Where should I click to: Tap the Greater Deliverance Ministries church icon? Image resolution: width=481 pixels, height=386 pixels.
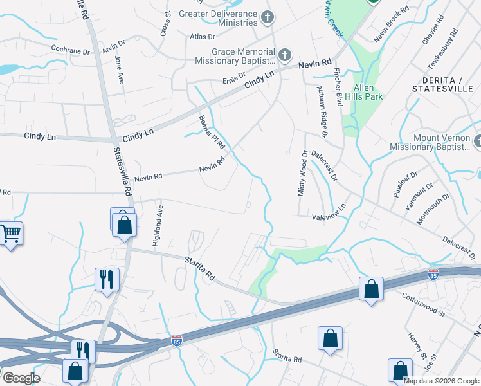[269, 17]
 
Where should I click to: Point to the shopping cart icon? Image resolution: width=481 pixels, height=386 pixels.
[10, 233]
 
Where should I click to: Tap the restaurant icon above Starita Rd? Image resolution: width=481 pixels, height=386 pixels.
[107, 280]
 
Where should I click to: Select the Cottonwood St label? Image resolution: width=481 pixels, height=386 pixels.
[423, 304]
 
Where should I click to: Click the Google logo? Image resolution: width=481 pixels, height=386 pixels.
[21, 378]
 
